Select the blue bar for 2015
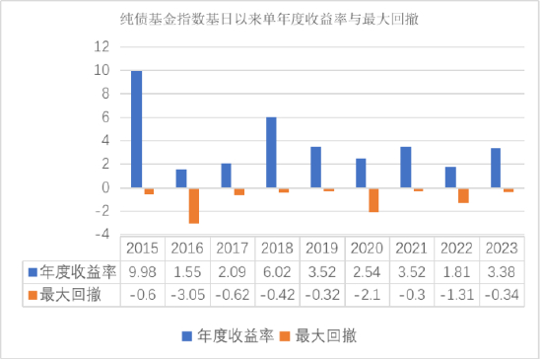click(x=136, y=129)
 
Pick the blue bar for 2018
click(x=271, y=153)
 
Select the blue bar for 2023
click(x=497, y=168)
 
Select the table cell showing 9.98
click(x=142, y=270)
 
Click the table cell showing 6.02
click(x=277, y=270)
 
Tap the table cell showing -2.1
click(x=367, y=294)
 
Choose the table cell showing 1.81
click(x=456, y=270)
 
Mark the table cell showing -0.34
click(x=501, y=294)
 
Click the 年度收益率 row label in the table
click(x=72, y=270)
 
